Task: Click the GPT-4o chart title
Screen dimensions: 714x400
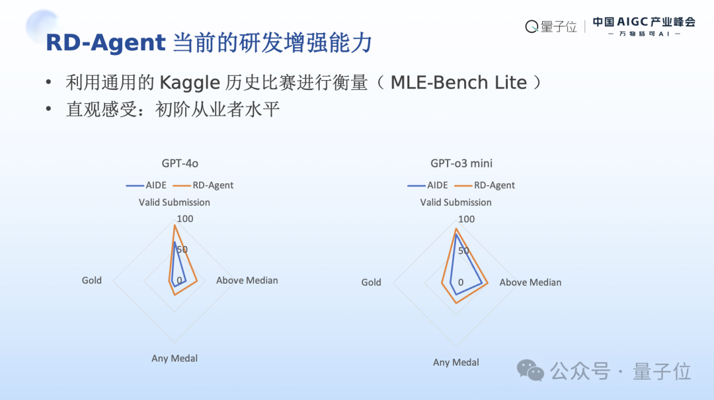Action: pyautogui.click(x=180, y=163)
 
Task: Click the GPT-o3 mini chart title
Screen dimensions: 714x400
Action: pyautogui.click(x=461, y=163)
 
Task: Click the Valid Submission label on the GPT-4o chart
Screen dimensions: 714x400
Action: pyautogui.click(x=175, y=202)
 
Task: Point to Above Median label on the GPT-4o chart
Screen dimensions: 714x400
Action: pyautogui.click(x=247, y=280)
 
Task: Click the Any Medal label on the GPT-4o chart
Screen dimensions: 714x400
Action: pyautogui.click(x=175, y=358)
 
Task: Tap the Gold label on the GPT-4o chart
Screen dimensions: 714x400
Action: pyautogui.click(x=92, y=280)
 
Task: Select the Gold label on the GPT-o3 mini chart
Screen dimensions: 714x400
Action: pyautogui.click(x=371, y=282)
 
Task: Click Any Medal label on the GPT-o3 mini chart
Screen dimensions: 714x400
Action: pyautogui.click(x=456, y=362)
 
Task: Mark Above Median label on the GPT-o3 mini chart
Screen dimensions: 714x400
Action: pyautogui.click(x=530, y=282)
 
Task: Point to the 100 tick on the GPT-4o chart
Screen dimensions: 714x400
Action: pyautogui.click(x=185, y=219)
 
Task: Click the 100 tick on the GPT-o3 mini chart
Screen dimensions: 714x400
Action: pyautogui.click(x=467, y=219)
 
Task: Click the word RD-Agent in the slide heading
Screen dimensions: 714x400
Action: pyautogui.click(x=105, y=43)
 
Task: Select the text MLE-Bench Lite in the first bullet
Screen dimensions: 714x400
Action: pyautogui.click(x=459, y=83)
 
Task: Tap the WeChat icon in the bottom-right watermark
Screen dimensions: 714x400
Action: pyautogui.click(x=530, y=371)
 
